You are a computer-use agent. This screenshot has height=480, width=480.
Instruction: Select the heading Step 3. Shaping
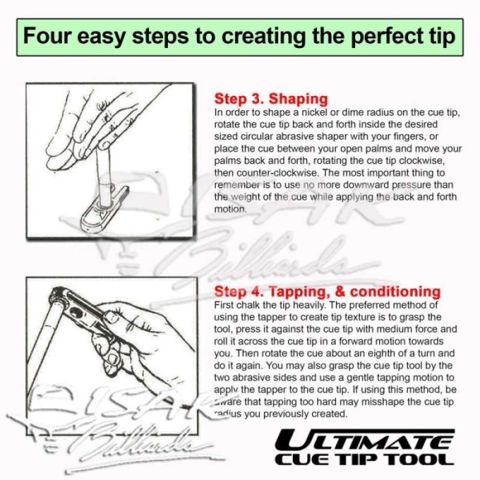(x=271, y=99)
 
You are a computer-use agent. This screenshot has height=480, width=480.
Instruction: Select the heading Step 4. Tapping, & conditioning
(x=327, y=292)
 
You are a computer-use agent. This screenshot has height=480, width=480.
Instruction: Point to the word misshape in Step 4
(x=377, y=403)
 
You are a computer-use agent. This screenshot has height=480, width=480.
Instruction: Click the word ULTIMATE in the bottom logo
(x=367, y=442)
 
